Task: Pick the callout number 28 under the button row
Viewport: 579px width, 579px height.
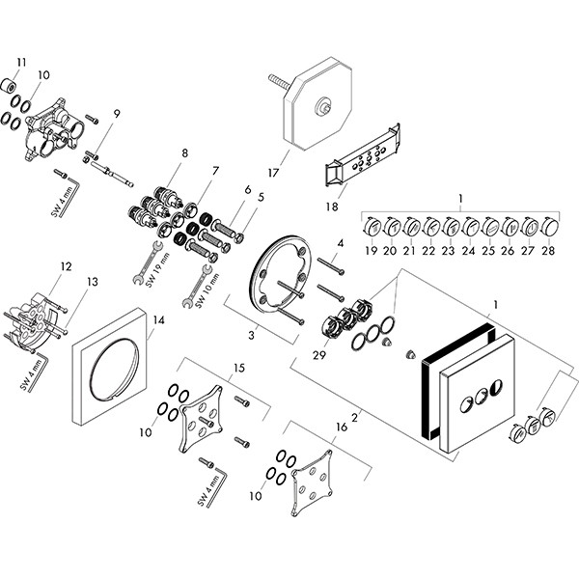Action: coord(548,251)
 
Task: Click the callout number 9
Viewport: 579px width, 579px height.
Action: coord(116,115)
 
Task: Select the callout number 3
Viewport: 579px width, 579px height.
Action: coord(252,335)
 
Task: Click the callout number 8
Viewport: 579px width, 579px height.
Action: coord(184,152)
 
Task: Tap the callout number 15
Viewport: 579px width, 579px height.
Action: coord(240,369)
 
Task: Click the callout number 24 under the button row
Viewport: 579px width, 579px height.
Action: coord(470,251)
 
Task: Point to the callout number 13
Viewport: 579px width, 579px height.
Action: coord(93,282)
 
